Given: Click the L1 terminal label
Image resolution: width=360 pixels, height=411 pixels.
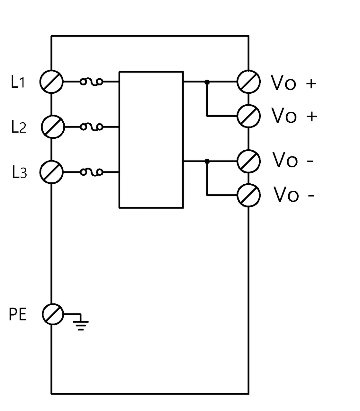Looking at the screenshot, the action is pyautogui.click(x=18, y=82).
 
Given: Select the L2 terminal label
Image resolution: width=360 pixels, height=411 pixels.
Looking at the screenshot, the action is pyautogui.click(x=19, y=127).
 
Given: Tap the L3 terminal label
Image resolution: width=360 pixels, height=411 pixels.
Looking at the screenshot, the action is pyautogui.click(x=20, y=172).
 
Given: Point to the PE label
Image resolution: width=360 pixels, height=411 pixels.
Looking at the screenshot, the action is pyautogui.click(x=18, y=314).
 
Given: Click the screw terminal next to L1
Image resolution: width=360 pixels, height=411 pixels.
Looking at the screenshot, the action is pyautogui.click(x=51, y=82).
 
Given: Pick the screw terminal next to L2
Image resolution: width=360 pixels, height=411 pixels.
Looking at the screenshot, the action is pyautogui.click(x=53, y=127).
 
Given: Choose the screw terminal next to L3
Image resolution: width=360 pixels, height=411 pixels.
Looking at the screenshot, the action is pyautogui.click(x=51, y=172).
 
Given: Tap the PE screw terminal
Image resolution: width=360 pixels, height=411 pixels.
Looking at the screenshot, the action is pyautogui.click(x=53, y=314).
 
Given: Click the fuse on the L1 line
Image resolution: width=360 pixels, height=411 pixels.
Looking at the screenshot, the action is pyautogui.click(x=92, y=82).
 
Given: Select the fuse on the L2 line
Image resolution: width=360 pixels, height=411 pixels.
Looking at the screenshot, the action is pyautogui.click(x=92, y=127).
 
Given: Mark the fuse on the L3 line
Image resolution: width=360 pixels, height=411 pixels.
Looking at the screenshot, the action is pyautogui.click(x=92, y=172).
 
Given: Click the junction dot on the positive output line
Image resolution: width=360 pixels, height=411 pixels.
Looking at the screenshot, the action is pyautogui.click(x=207, y=82).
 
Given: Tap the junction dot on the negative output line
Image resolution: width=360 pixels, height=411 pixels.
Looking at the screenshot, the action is pyautogui.click(x=207, y=161).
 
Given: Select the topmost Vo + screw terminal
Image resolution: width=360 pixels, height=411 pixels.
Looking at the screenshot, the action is pyautogui.click(x=248, y=82).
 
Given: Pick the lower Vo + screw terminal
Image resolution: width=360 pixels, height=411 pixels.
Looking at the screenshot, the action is pyautogui.click(x=248, y=116).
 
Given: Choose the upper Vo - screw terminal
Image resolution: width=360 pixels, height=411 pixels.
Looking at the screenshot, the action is pyautogui.click(x=248, y=161).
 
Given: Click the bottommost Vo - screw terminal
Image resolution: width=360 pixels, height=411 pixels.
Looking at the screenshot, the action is pyautogui.click(x=248, y=195).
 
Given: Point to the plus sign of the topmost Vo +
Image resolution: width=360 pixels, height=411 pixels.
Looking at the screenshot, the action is pyautogui.click(x=311, y=83).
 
